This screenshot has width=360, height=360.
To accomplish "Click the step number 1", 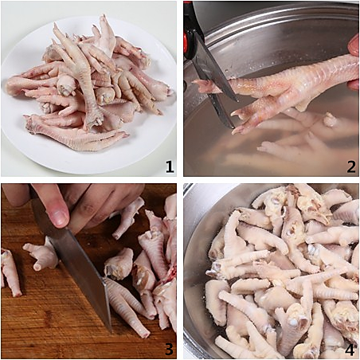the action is click(170, 166).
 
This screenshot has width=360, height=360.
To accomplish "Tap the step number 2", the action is click(350, 166).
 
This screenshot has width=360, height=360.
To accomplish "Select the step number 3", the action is click(169, 349).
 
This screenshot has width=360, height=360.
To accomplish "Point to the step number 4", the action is click(350, 349).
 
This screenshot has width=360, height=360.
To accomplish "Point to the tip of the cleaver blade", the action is click(111, 331).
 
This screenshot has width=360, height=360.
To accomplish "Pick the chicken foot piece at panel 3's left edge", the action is click(10, 273).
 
